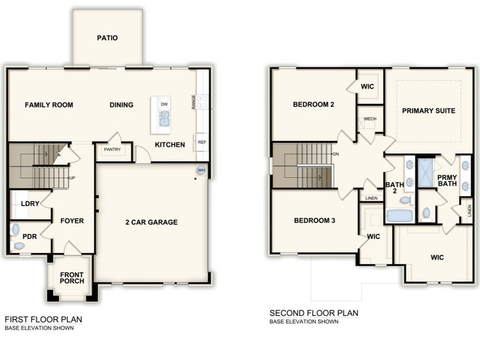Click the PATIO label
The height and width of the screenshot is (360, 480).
tap(107, 38)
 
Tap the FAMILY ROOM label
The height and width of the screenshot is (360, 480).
tap(49, 105)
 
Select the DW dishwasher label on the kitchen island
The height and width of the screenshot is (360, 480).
tap(164, 105)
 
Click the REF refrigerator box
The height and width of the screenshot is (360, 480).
tap(201, 142)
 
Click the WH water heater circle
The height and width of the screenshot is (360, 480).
tap(201, 170)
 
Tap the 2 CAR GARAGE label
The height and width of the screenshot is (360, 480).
tap(151, 222)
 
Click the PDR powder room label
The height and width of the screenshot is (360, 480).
tap(29, 236)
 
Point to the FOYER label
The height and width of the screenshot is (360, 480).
tap(72, 221)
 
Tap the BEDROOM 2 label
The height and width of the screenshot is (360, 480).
tap(313, 105)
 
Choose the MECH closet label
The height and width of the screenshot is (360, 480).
tap(370, 119)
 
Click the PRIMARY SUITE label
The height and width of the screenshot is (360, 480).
tap(429, 111)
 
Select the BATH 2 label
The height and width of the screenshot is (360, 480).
tap(394, 188)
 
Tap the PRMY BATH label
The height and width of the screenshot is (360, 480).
tap(447, 180)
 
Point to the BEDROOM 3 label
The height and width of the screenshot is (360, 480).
tap(314, 220)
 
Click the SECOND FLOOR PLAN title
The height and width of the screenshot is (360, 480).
tap(313, 313)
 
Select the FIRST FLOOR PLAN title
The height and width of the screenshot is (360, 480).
tap(43, 319)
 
